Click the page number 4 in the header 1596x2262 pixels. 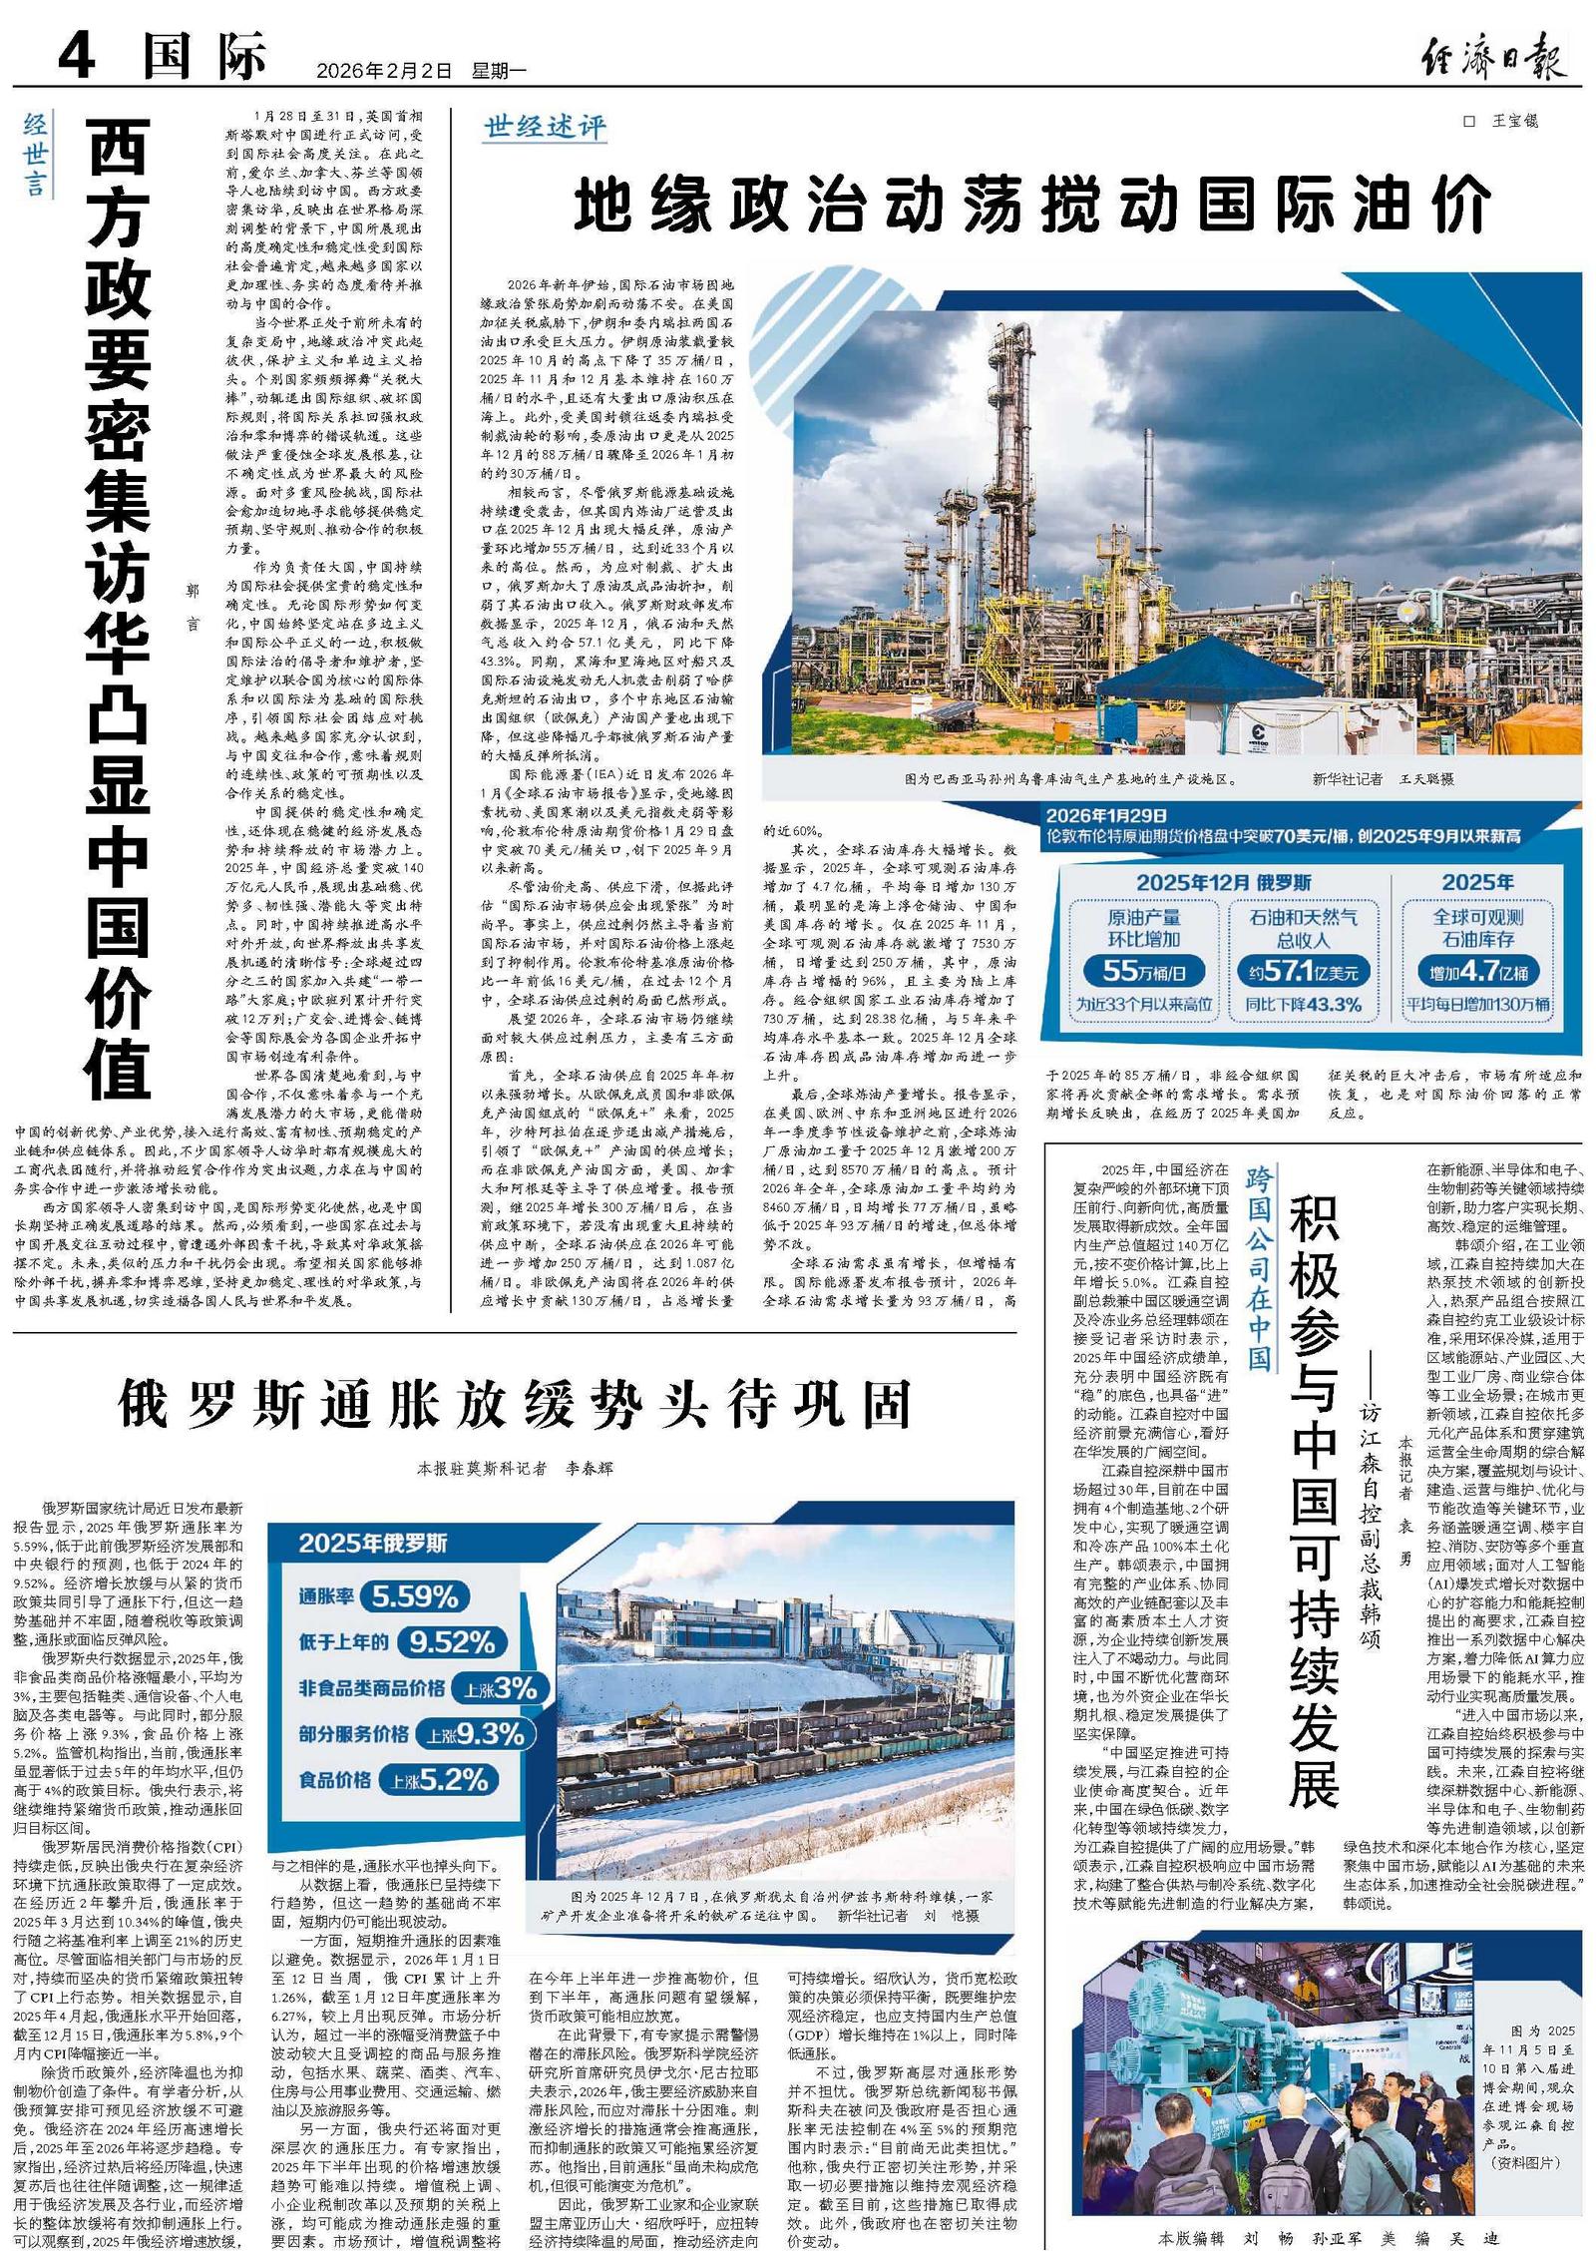coord(77,56)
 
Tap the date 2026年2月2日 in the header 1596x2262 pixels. coord(383,71)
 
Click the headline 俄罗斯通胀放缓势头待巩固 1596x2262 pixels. coord(515,1405)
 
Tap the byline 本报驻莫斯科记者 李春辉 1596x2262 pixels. coord(515,1468)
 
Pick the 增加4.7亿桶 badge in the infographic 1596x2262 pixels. coord(1478,970)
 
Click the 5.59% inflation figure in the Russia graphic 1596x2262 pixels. coord(414,1596)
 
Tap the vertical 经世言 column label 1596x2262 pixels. coord(36,155)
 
